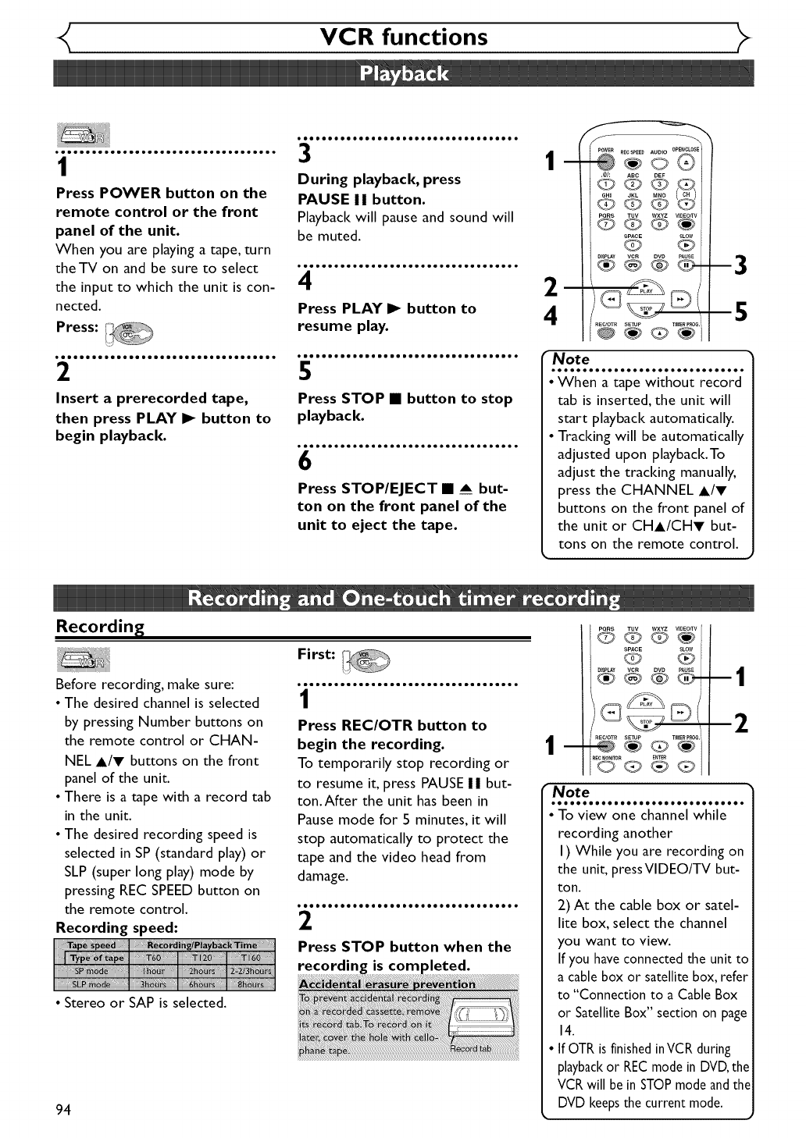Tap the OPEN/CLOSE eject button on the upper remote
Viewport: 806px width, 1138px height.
click(x=685, y=162)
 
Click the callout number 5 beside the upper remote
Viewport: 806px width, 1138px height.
click(x=740, y=312)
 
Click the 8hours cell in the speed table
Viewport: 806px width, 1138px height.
click(x=251, y=984)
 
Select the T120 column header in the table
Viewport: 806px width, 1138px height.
click(x=201, y=958)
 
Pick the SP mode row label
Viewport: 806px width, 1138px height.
click(x=91, y=971)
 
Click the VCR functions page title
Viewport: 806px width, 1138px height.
click(x=404, y=37)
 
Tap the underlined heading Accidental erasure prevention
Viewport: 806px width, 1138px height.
click(x=387, y=984)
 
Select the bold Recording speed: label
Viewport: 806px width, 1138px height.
click(x=116, y=927)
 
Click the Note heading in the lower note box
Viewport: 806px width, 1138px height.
click(x=571, y=791)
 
